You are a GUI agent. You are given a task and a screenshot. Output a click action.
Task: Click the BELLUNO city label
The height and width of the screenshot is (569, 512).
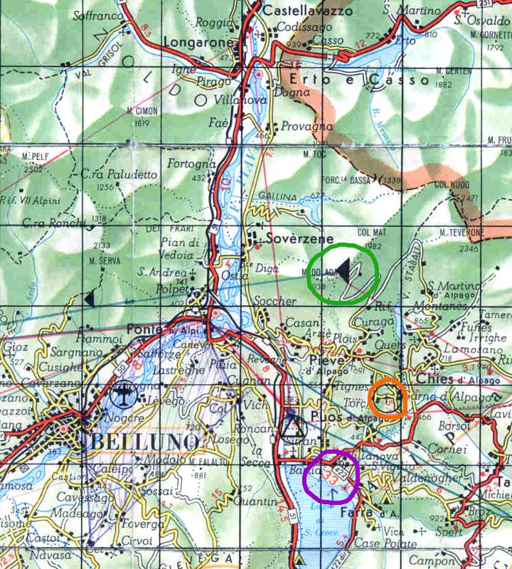pyautogui.click(x=142, y=441)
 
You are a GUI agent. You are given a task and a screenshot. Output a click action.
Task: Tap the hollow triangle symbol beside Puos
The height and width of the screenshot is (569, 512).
pyautogui.click(x=292, y=427)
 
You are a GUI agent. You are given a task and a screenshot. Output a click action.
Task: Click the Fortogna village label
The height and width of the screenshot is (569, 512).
pyautogui.click(x=187, y=164)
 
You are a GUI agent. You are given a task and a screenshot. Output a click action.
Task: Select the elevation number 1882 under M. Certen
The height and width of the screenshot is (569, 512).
pyautogui.click(x=444, y=83)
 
